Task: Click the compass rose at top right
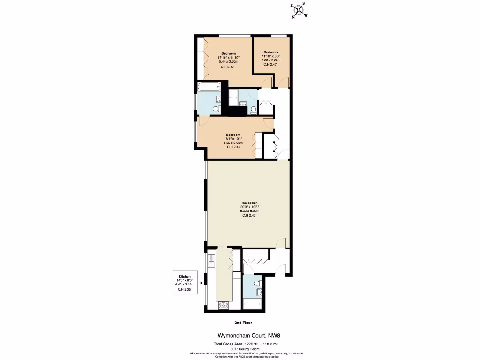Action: pyautogui.click(x=300, y=10)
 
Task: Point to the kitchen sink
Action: pyautogui.click(x=211, y=260)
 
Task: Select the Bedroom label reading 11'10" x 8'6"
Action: pyautogui.click(x=270, y=52)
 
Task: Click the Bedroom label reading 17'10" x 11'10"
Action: pyautogui.click(x=228, y=53)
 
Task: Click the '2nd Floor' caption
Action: pyautogui.click(x=244, y=322)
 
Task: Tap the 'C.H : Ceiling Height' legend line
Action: pyautogui.click(x=246, y=349)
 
